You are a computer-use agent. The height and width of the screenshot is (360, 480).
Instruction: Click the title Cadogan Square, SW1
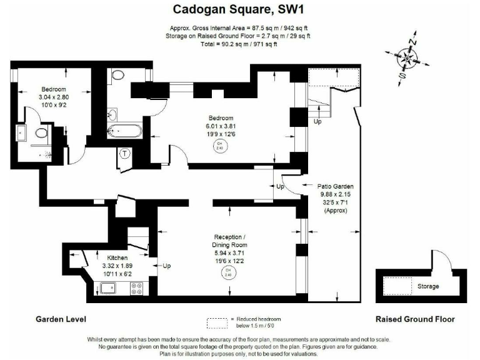coord(240,9)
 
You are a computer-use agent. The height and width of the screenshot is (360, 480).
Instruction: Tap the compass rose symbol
coord(407,59)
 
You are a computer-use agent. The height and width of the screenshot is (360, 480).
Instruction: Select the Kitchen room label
coord(117,258)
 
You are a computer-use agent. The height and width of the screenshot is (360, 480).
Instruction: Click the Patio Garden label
coord(336,186)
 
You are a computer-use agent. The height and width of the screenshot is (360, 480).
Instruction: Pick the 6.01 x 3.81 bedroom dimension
coord(221,126)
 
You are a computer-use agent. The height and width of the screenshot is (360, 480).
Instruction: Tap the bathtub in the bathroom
coord(125,131)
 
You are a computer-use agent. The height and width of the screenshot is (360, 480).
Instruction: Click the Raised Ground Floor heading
coord(415,319)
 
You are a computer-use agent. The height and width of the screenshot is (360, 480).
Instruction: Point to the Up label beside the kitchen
coord(167,266)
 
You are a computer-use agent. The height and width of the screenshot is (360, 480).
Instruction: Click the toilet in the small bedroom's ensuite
coord(42,133)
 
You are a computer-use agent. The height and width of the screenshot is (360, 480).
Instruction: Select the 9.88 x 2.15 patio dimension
coord(336,194)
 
